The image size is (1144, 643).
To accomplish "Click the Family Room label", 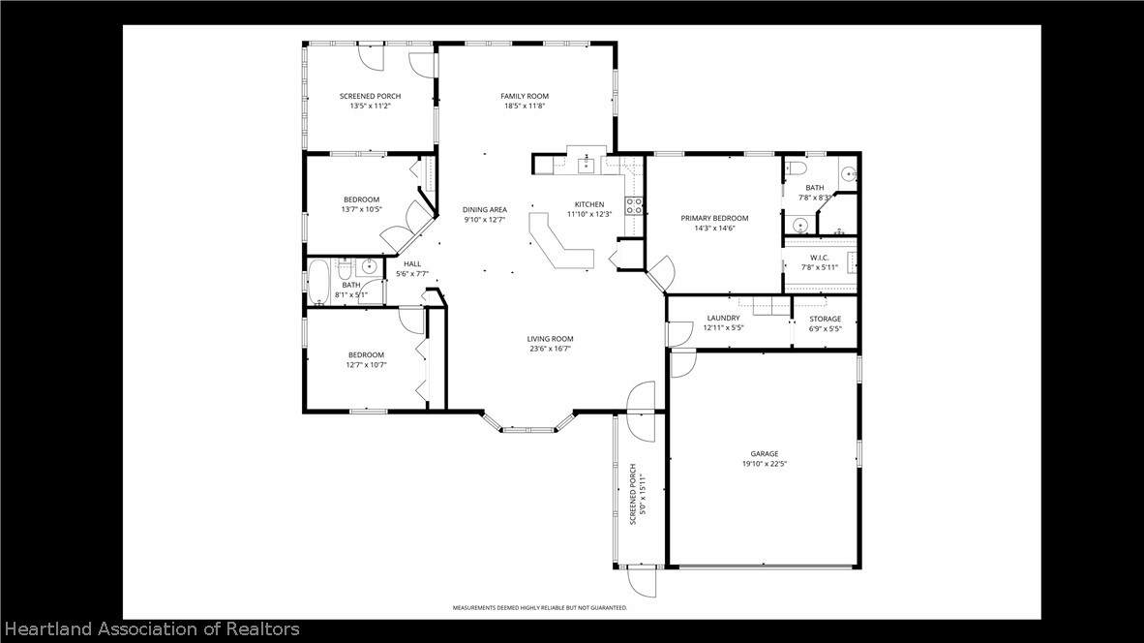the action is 525,96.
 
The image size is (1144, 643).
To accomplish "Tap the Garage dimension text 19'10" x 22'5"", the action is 765,464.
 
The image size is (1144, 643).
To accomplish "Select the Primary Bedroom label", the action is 714,218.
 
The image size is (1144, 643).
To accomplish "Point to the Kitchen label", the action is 589,205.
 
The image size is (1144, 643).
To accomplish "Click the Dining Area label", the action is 485,210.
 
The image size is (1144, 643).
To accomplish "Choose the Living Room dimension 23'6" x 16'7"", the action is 550,349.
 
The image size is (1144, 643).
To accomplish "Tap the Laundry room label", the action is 723,319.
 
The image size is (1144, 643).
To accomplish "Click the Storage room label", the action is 826,319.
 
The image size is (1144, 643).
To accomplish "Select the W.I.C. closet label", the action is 820,258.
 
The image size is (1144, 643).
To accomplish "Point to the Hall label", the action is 412,264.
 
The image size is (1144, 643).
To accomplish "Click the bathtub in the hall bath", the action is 318,283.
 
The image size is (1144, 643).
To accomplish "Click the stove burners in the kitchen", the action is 633,206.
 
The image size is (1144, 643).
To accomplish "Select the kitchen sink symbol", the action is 587,165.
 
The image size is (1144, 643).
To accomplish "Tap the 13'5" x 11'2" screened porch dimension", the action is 370,106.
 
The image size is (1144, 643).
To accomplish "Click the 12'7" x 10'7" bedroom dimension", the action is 366,365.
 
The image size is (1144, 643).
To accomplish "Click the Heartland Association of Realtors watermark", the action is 152,629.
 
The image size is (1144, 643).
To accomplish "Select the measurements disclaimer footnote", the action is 540,608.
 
